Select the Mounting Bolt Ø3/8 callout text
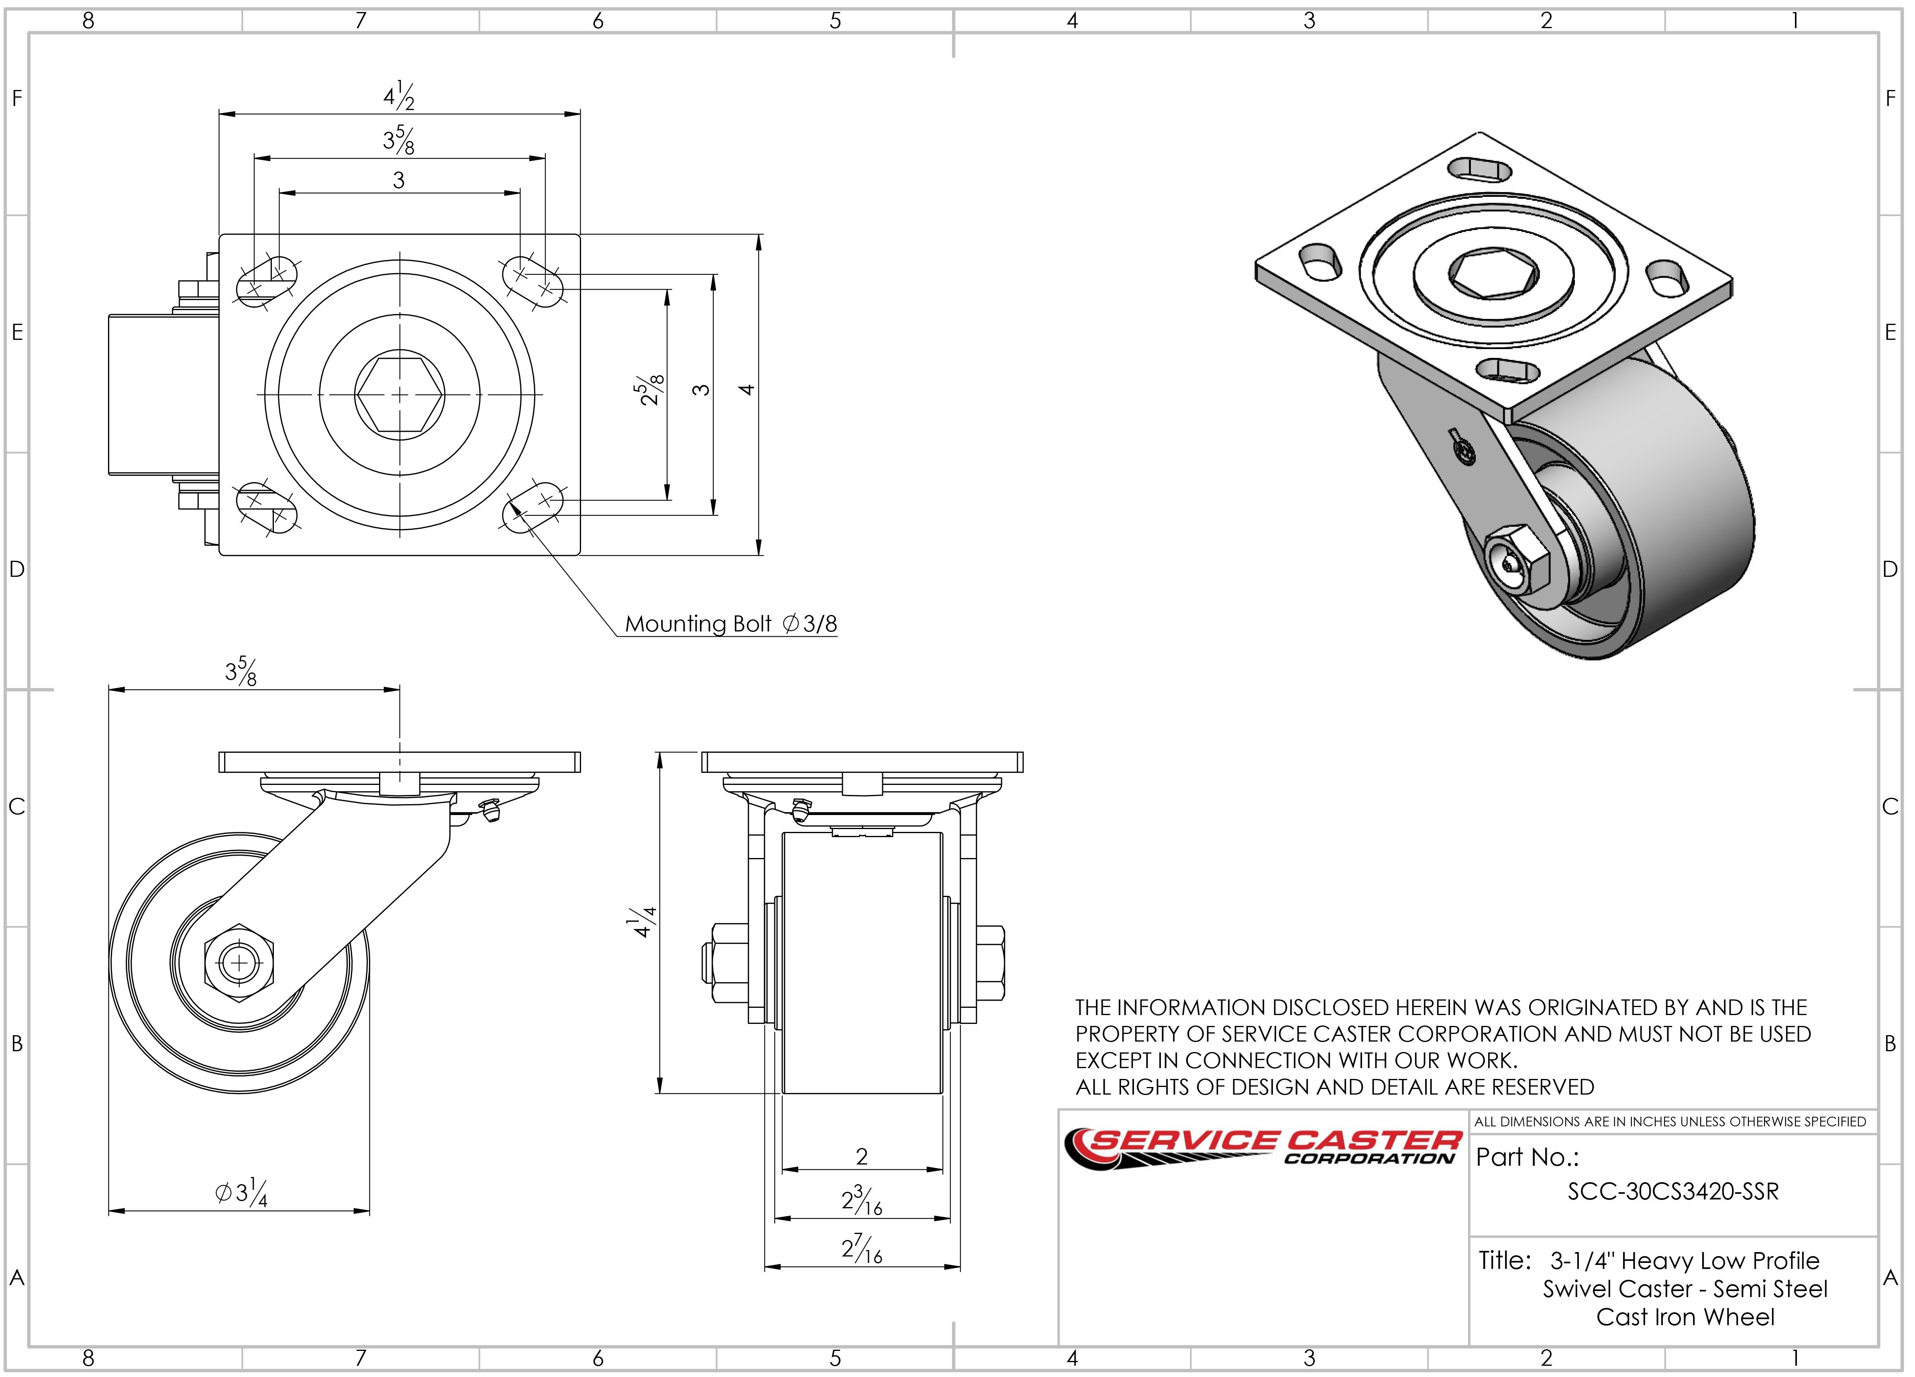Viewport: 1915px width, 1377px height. click(730, 624)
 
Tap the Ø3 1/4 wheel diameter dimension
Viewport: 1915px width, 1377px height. click(241, 1193)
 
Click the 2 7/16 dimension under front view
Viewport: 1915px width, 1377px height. click(861, 1248)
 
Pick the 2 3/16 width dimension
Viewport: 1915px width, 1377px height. click(861, 1200)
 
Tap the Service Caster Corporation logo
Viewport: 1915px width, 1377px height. click(1262, 1149)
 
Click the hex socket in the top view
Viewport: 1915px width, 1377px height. click(400, 394)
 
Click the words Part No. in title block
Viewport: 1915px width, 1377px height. click(1527, 1156)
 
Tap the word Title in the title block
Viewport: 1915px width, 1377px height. click(1504, 1261)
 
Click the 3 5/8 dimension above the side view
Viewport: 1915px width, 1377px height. click(241, 672)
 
